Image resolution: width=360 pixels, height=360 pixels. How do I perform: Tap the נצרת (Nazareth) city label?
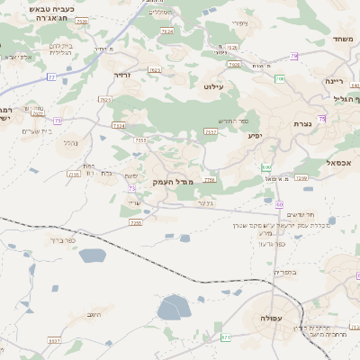click(302, 123)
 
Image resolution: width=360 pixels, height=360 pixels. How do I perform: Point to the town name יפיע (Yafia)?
click(255, 136)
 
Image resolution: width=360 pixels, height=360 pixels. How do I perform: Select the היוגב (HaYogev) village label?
click(94, 315)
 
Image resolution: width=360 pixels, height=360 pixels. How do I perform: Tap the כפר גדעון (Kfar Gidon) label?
click(269, 244)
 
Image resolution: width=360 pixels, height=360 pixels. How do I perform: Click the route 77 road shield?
click(51, 77)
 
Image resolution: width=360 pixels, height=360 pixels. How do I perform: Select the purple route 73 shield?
click(132, 189)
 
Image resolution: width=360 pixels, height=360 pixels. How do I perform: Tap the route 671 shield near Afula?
click(226, 337)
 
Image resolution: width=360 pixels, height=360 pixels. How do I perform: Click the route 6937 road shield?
click(55, 341)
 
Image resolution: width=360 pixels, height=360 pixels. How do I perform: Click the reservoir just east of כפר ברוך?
click(92, 256)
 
